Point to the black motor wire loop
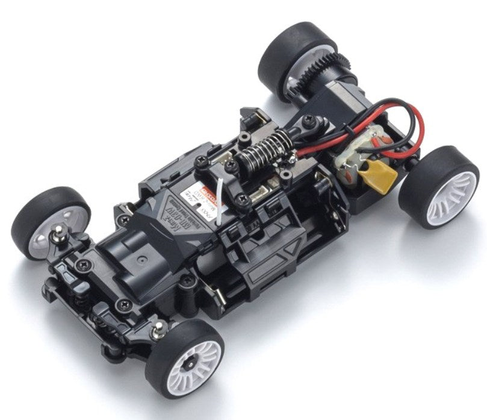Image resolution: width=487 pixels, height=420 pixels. click(361, 121)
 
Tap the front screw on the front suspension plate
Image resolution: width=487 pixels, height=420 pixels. click(125, 304)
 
